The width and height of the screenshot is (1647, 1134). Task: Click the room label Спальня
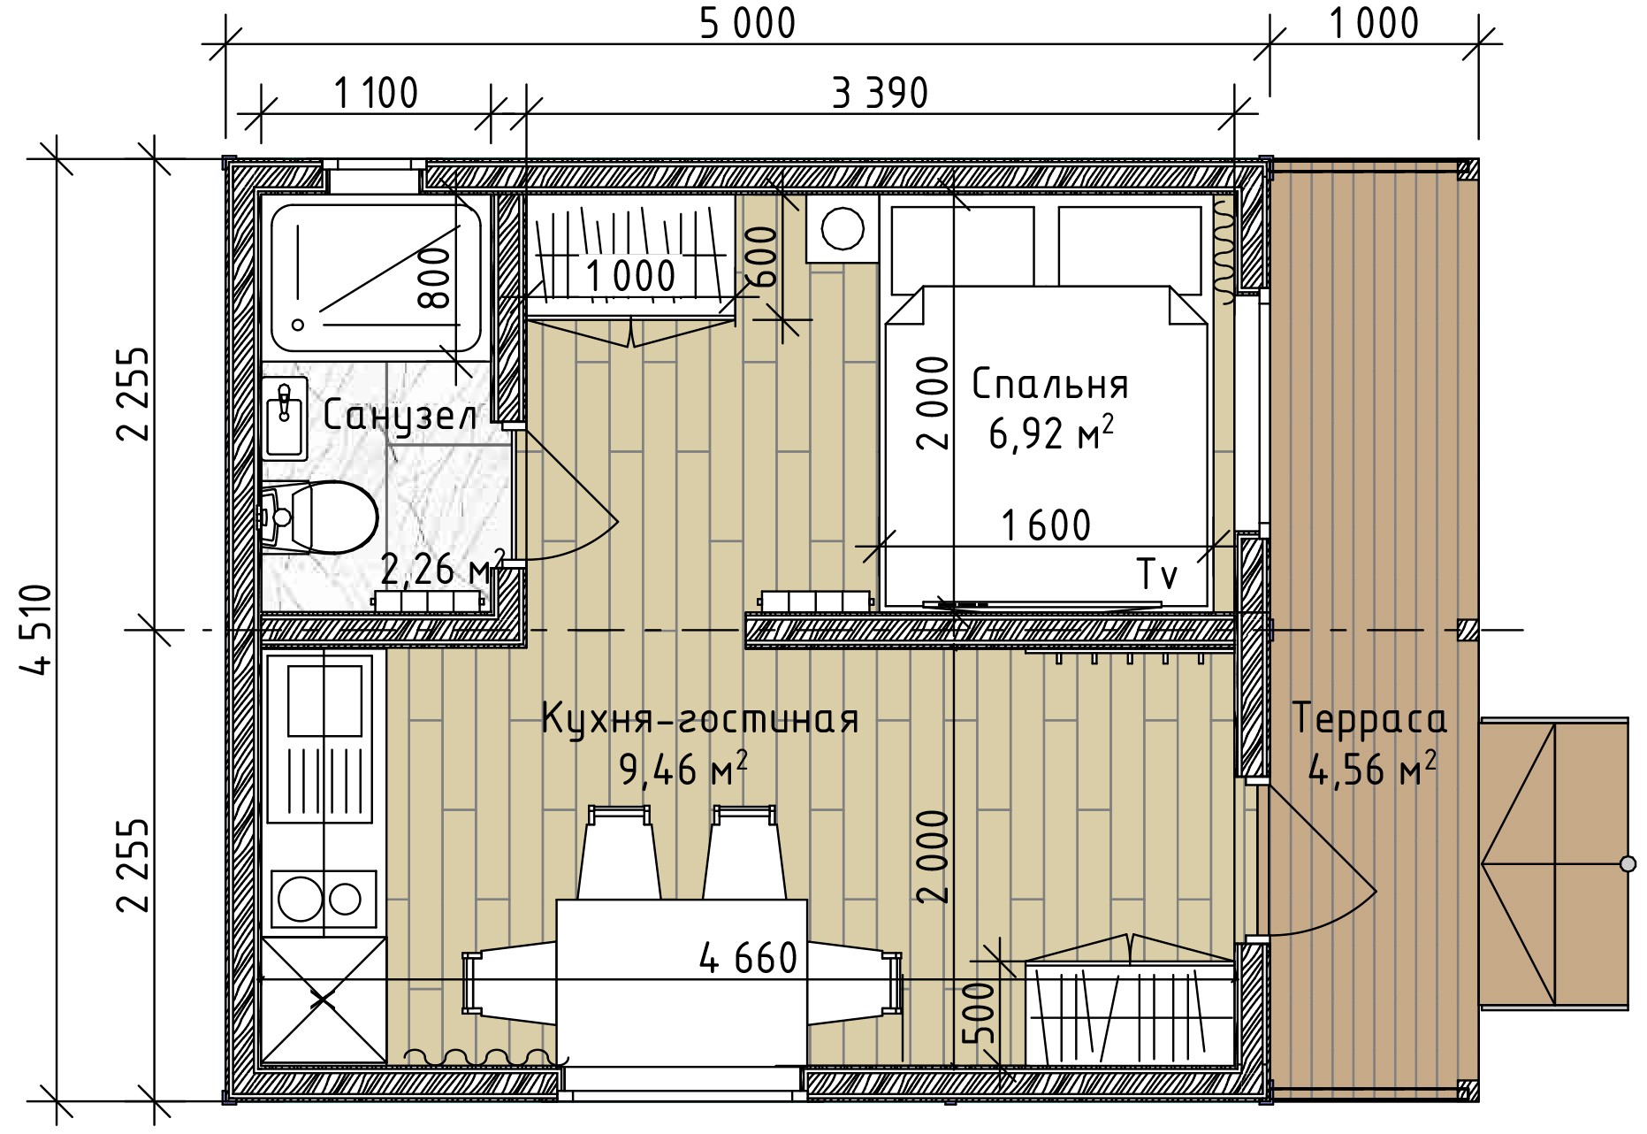[x=1049, y=385]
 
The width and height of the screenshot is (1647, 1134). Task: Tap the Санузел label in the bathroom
[x=400, y=416]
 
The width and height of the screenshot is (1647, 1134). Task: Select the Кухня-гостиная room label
[x=699, y=719]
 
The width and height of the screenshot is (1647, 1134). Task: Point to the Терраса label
[x=1369, y=719]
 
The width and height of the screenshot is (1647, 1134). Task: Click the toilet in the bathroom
[x=319, y=517]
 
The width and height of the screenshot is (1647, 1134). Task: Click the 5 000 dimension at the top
[x=747, y=24]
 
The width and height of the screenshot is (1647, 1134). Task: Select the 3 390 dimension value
[x=881, y=93]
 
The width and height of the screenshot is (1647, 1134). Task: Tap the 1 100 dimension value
[x=376, y=93]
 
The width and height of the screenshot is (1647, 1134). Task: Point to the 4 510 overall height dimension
[x=37, y=629]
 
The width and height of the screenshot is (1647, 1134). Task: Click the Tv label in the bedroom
[x=1157, y=575]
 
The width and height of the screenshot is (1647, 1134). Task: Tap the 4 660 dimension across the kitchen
[x=748, y=958]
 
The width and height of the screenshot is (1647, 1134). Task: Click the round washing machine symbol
[x=842, y=229]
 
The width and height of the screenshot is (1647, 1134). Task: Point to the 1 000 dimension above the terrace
[x=1374, y=24]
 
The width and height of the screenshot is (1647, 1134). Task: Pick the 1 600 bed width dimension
[x=1046, y=525]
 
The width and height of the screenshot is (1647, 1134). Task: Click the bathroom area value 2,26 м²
[x=442, y=569]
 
